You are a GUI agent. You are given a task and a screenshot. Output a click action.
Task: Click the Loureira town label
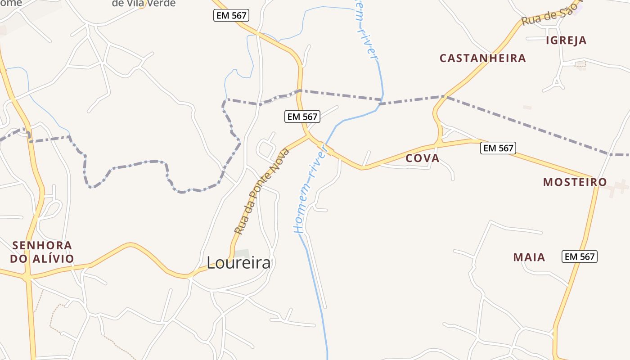pyautogui.click(x=238, y=262)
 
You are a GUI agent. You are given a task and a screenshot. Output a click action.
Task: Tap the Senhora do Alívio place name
pyautogui.click(x=42, y=252)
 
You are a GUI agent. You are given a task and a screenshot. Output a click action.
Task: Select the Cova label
pyautogui.click(x=422, y=158)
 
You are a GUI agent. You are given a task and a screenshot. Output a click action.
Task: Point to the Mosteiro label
pyautogui.click(x=575, y=182)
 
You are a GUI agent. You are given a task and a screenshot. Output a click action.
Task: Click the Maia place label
pyautogui.click(x=529, y=257)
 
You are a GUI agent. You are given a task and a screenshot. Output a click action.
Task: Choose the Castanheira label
pyautogui.click(x=482, y=58)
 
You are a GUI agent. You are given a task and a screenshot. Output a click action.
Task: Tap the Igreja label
pyautogui.click(x=566, y=40)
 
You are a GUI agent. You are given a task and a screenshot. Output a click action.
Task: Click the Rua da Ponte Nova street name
pyautogui.click(x=262, y=191)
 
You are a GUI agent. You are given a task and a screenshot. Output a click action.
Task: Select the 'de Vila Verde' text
pyautogui.click(x=144, y=4)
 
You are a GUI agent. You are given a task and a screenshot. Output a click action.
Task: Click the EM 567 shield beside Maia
pyautogui.click(x=580, y=257)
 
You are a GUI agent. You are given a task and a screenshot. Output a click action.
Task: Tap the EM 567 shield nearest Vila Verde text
pyautogui.click(x=231, y=16)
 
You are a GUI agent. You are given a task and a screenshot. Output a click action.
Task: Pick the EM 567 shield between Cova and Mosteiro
pyautogui.click(x=498, y=148)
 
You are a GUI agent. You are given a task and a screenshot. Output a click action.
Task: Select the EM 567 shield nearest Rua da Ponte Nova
pyautogui.click(x=302, y=117)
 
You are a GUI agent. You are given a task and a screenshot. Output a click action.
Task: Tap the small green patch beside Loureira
pyautogui.click(x=242, y=253)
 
